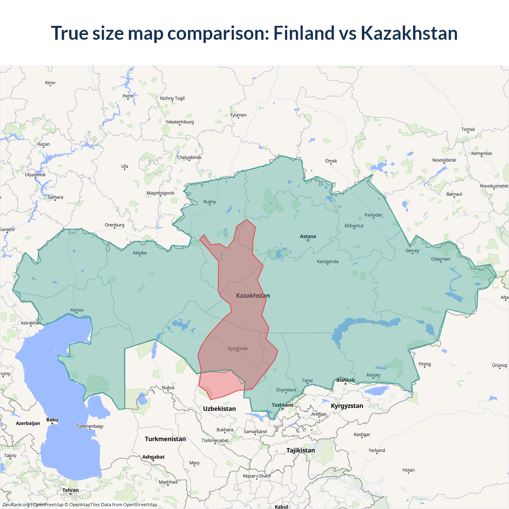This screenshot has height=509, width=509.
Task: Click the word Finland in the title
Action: tap(304, 33)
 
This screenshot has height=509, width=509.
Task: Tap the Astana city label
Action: tap(308, 237)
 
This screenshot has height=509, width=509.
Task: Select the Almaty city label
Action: tap(373, 375)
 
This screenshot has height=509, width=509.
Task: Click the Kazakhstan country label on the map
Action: tap(253, 295)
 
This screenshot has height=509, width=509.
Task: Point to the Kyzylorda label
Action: tap(238, 349)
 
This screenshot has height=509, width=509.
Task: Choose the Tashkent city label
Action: tap(282, 405)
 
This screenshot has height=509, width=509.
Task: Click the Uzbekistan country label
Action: tap(219, 409)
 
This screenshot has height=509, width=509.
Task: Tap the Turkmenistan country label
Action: tap(165, 439)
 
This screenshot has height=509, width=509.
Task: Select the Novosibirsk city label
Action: tap(444, 160)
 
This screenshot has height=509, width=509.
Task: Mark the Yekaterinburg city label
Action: tap(180, 122)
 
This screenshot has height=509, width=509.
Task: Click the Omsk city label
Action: tap(331, 161)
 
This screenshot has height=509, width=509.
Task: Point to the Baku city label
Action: tap(52, 420)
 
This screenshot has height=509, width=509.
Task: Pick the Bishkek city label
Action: tap(345, 380)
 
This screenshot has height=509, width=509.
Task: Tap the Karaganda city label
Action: tap(328, 262)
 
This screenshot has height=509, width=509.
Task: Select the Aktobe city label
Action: tap(140, 253)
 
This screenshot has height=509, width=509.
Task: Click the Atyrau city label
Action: tap(77, 310)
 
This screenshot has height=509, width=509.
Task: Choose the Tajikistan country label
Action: tap(301, 451)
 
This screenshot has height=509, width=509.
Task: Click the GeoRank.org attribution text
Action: tap(16, 505)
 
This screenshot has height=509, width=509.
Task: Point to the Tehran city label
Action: tap(70, 490)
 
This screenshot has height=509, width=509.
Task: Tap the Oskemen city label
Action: tap(441, 259)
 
